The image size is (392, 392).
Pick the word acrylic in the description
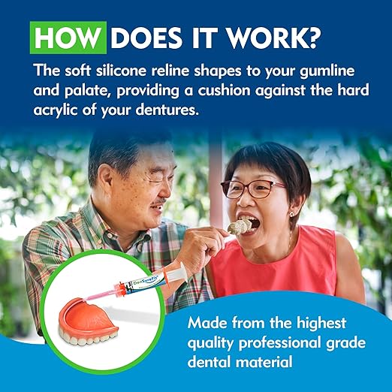click(x=57, y=112)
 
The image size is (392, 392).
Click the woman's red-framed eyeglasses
click(x=263, y=186)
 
